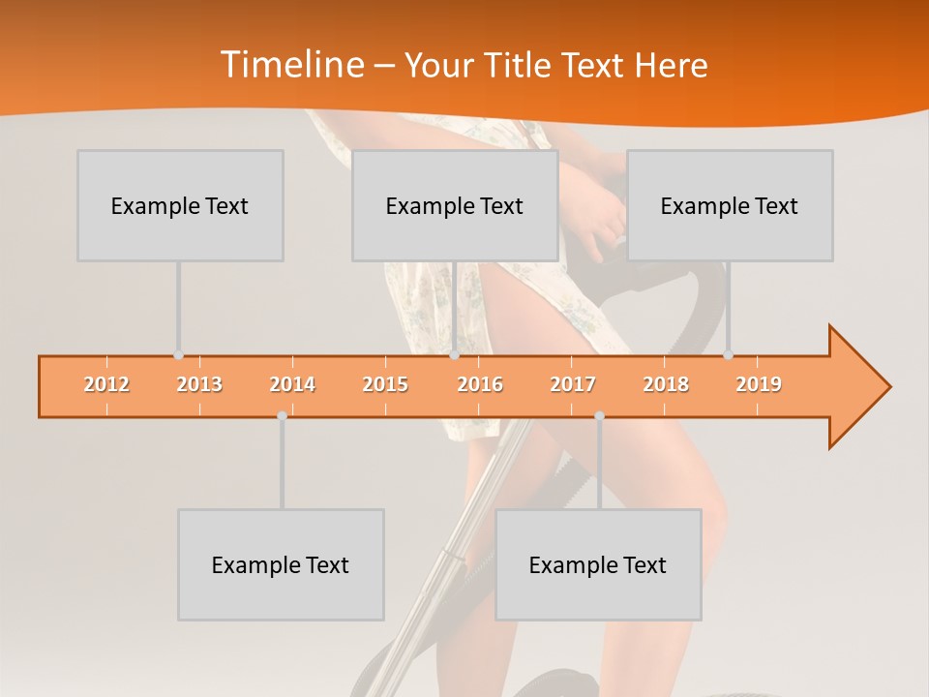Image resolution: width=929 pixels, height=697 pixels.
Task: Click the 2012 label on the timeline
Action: [106, 384]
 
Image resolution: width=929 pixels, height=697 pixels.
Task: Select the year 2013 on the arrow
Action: [199, 384]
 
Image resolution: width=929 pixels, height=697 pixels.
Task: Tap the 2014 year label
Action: [292, 384]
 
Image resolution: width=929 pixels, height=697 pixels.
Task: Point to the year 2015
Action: [385, 384]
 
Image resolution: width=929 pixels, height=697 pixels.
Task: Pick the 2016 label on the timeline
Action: [480, 384]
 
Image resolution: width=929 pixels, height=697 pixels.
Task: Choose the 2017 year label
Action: [573, 384]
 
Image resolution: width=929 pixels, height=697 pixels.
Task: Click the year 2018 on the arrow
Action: [666, 384]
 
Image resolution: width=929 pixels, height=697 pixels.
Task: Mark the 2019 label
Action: [759, 384]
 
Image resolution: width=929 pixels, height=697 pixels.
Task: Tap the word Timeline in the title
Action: [289, 65]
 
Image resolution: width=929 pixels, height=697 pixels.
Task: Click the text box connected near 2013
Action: [180, 205]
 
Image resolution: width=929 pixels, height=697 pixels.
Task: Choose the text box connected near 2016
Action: [455, 205]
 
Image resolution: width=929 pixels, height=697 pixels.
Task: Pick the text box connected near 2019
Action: [730, 205]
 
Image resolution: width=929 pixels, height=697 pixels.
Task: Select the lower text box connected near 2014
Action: [281, 564]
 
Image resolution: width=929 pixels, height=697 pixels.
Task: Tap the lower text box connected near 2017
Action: [598, 564]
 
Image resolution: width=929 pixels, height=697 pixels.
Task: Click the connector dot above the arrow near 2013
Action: [178, 355]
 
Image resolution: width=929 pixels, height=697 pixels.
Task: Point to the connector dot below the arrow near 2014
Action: [282, 415]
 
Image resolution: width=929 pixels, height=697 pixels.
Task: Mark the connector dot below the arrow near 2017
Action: [599, 415]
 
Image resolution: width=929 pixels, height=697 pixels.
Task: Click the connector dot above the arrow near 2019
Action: [728, 355]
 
